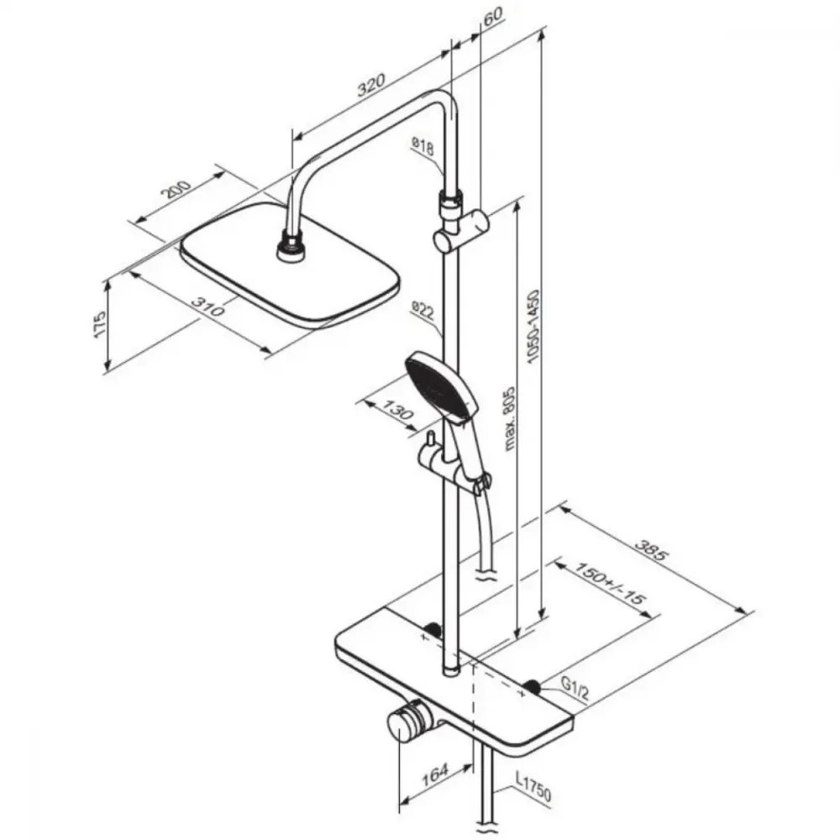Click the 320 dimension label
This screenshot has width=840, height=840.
click(x=371, y=86)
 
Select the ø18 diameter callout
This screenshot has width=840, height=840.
click(x=423, y=145)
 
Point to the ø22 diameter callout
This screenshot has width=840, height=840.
click(x=423, y=311)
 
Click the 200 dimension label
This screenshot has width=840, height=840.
click(x=178, y=190)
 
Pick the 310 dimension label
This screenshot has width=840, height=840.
click(x=208, y=306)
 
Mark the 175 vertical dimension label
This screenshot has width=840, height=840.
click(x=101, y=324)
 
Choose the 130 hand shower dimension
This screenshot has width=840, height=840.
click(x=398, y=411)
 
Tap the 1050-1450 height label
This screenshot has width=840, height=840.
click(x=534, y=327)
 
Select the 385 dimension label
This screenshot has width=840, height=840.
click(x=652, y=549)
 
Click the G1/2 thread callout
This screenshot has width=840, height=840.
click(x=575, y=689)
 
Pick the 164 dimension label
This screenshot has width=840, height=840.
click(x=434, y=774)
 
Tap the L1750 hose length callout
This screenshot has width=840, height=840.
click(x=533, y=788)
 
